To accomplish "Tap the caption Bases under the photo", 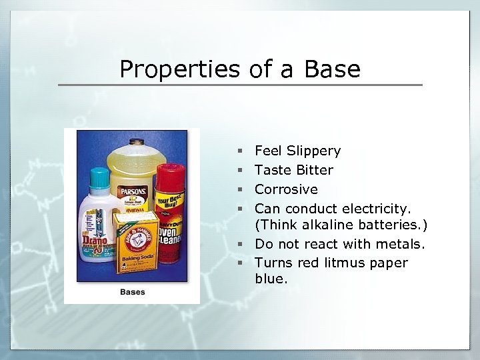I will tap(133, 292).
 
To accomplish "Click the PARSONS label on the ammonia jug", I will tap(134, 192).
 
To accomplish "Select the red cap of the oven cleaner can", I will tap(167, 179).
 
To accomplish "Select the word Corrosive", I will tap(287, 189).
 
